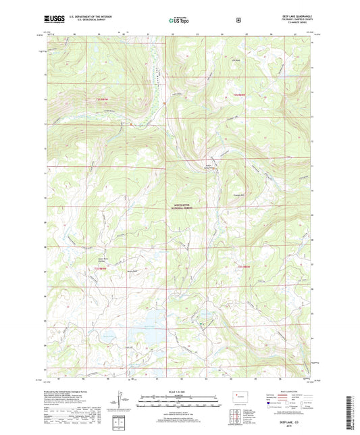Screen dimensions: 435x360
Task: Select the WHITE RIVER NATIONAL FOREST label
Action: tap(180, 208)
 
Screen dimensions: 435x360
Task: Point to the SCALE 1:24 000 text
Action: tap(180, 393)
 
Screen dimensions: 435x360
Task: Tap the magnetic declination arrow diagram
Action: tap(120, 399)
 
